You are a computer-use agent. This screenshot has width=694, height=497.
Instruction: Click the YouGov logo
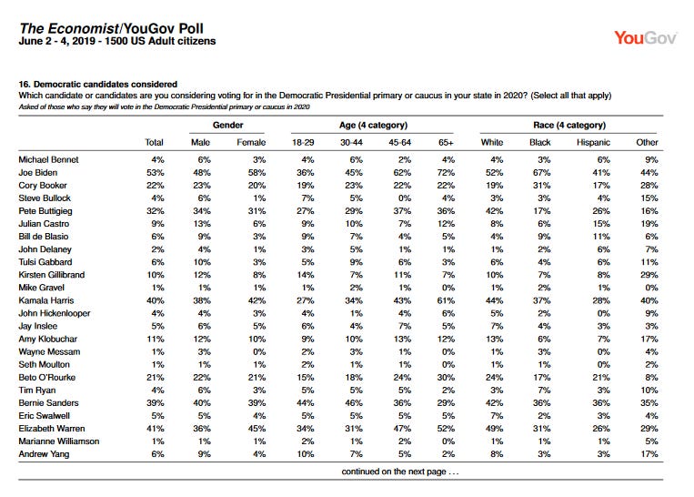(645, 38)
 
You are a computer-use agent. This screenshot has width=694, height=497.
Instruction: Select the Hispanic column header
(593, 142)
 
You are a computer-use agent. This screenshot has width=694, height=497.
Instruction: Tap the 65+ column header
(446, 142)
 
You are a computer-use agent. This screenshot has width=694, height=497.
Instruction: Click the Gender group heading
(227, 125)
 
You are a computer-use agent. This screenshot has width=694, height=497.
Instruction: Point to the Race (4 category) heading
(569, 125)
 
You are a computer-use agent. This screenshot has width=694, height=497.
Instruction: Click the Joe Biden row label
(37, 172)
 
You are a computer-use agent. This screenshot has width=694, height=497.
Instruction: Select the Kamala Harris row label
(46, 300)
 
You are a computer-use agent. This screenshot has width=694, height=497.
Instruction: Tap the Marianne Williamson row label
(59, 441)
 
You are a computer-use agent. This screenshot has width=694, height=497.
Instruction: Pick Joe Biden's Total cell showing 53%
(156, 172)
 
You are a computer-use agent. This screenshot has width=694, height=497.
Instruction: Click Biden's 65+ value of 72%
(446, 172)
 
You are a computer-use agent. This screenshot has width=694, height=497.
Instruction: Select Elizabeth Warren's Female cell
(256, 429)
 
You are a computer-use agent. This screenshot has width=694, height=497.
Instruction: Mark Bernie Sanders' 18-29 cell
(306, 402)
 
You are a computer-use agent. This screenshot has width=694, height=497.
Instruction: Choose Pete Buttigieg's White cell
(495, 211)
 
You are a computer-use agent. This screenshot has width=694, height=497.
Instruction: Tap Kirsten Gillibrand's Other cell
(649, 275)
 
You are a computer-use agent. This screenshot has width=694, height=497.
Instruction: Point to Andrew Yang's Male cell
(204, 454)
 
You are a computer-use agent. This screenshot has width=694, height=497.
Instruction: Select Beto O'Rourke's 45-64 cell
(402, 378)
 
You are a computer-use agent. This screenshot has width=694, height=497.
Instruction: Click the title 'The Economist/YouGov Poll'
(111, 29)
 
